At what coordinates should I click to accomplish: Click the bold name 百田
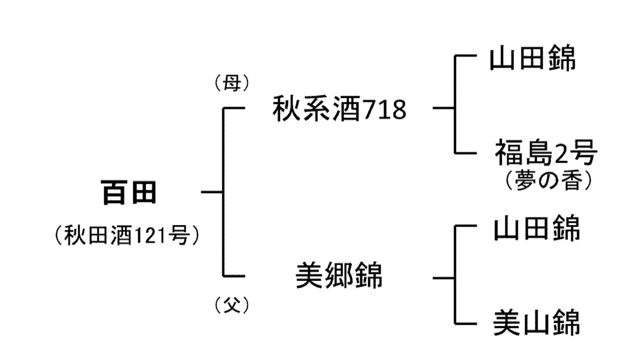pyautogui.click(x=129, y=192)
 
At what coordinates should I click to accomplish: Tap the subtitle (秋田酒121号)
pyautogui.click(x=127, y=237)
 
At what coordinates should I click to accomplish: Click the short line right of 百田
pyautogui.click(x=211, y=192)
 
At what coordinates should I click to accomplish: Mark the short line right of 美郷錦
pyautogui.click(x=443, y=278)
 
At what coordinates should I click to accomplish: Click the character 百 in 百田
pyautogui.click(x=114, y=192)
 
